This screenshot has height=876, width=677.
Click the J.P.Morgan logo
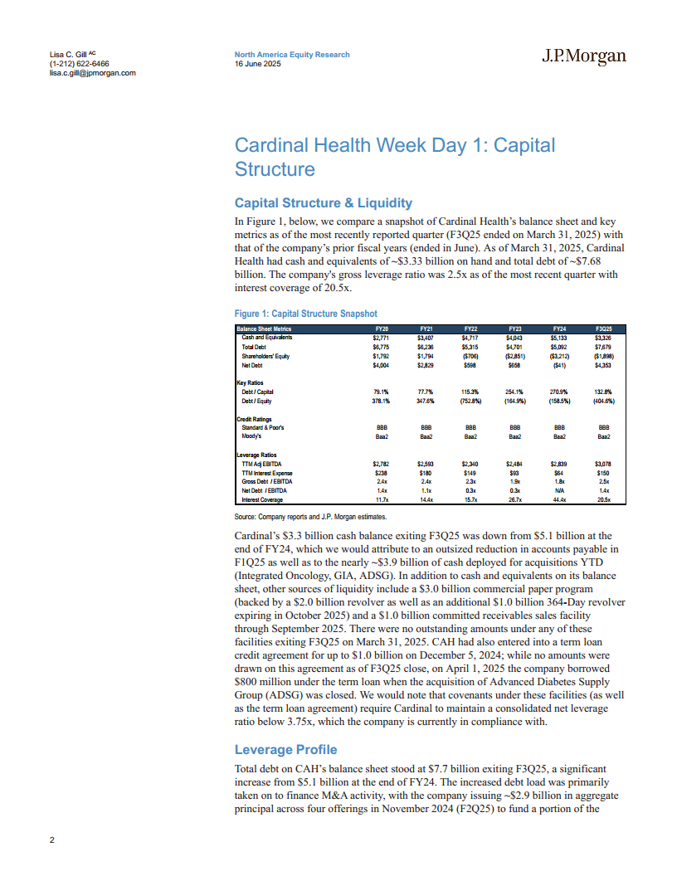pos(584,56)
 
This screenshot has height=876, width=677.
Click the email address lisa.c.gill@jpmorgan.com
pos(93,72)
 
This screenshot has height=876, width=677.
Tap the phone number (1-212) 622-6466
pos(80,64)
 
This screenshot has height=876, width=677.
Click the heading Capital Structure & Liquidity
pos(324,202)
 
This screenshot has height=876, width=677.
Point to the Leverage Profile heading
pos(286,750)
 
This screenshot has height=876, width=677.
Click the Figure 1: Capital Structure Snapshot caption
pos(306,314)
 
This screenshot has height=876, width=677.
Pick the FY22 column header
pos(470,328)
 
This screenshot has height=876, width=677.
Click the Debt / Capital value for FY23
pos(514,392)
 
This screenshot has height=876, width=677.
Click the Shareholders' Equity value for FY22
pos(470,356)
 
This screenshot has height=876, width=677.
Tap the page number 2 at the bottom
pos(52,840)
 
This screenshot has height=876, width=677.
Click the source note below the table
pos(306,516)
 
